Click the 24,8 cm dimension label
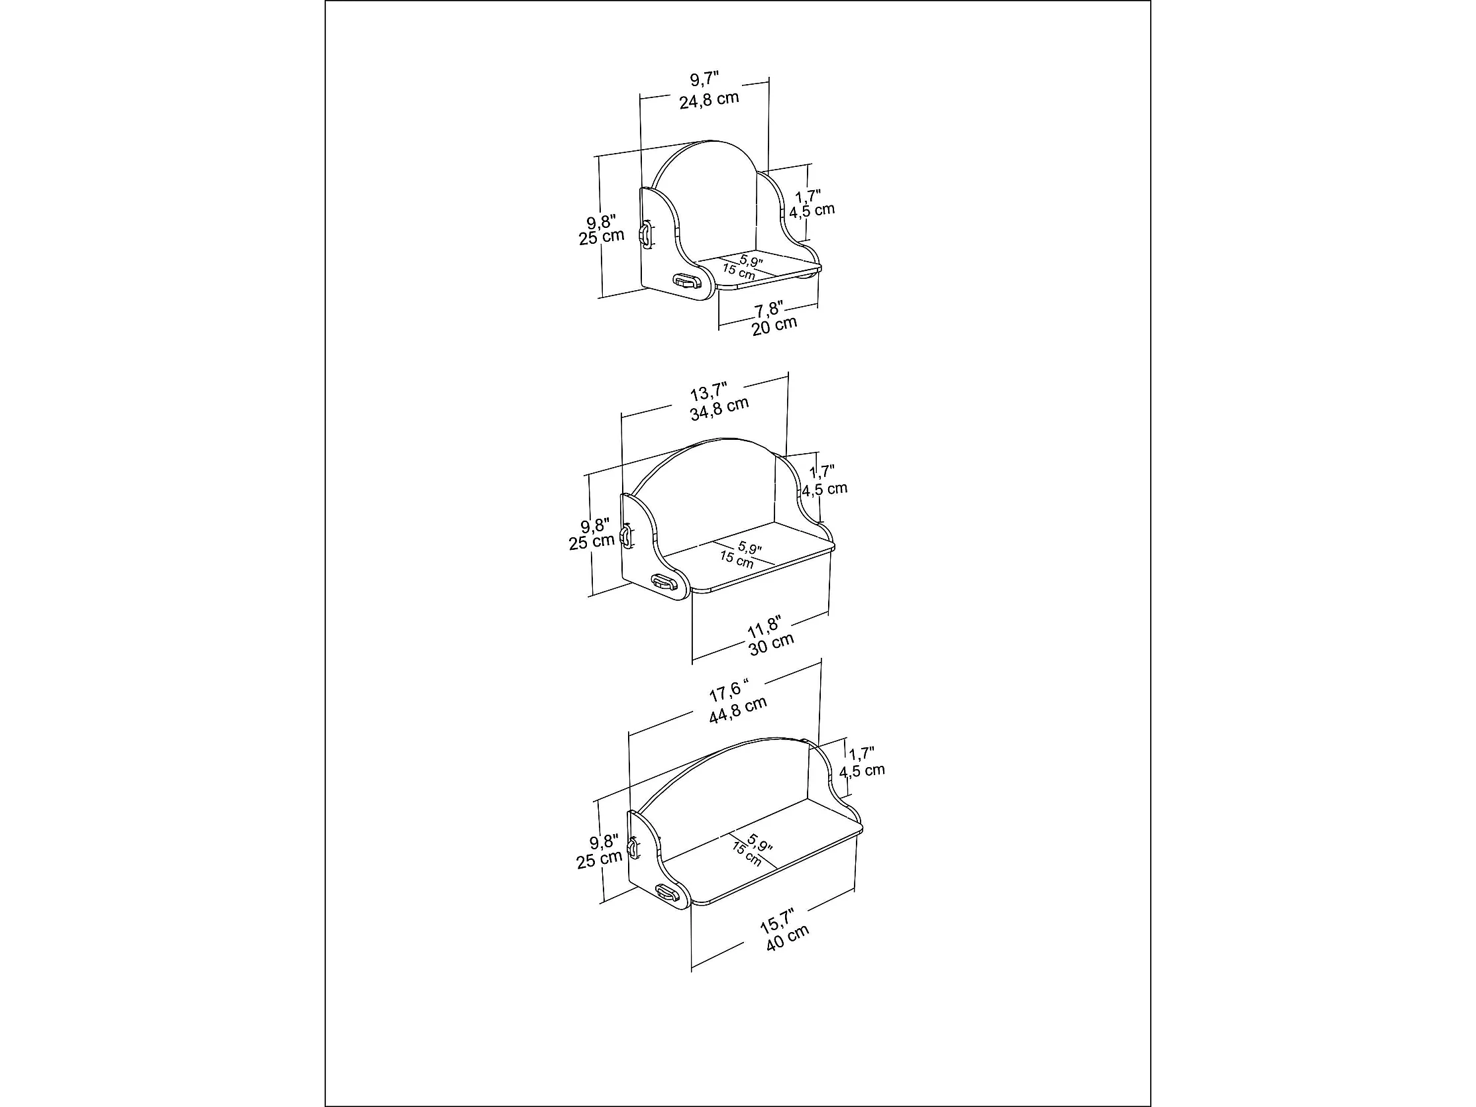tap(709, 100)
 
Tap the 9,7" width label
tap(704, 79)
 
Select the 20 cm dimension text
tap(774, 327)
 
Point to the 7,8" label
tap(768, 309)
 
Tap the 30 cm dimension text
tap(771, 644)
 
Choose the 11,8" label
tap(764, 627)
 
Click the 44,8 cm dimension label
tap(737, 710)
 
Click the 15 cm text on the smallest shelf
tap(739, 272)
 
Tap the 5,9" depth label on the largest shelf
tap(759, 842)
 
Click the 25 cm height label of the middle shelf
tap(591, 542)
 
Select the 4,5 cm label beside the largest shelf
tap(861, 770)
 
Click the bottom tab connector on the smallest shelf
tap(684, 281)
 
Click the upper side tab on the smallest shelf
tap(645, 235)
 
